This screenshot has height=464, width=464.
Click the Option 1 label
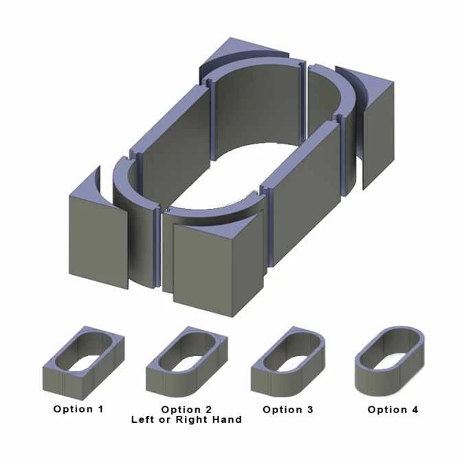(78, 409)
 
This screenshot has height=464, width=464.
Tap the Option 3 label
(288, 410)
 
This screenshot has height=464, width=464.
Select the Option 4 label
(393, 410)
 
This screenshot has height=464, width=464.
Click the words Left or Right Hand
(187, 419)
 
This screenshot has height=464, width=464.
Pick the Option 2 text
(187, 410)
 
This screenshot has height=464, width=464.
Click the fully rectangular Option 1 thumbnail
(83, 363)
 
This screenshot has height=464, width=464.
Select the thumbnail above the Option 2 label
(187, 362)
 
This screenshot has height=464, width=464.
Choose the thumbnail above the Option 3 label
(288, 362)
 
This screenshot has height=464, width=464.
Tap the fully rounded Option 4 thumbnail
(390, 360)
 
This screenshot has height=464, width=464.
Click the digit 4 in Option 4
(415, 410)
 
